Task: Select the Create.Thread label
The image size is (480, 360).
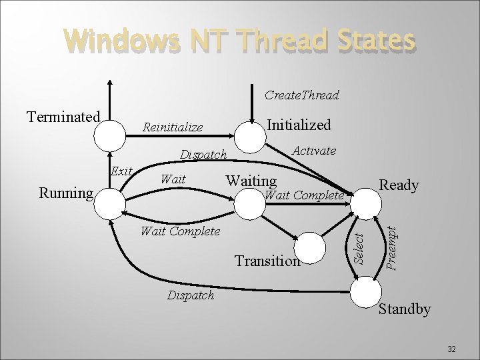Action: [301, 95]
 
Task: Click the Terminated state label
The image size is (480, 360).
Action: [63, 117]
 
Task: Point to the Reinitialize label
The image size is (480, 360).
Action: [173, 127]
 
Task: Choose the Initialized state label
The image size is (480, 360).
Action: [299, 125]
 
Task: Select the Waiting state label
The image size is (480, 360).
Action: [252, 180]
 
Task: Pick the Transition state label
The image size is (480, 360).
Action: [267, 261]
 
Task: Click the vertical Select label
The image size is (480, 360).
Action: [357, 246]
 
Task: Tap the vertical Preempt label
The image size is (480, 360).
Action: [393, 246]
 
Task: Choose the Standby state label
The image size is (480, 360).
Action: [404, 309]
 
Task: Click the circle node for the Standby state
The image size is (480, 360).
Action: [367, 292]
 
